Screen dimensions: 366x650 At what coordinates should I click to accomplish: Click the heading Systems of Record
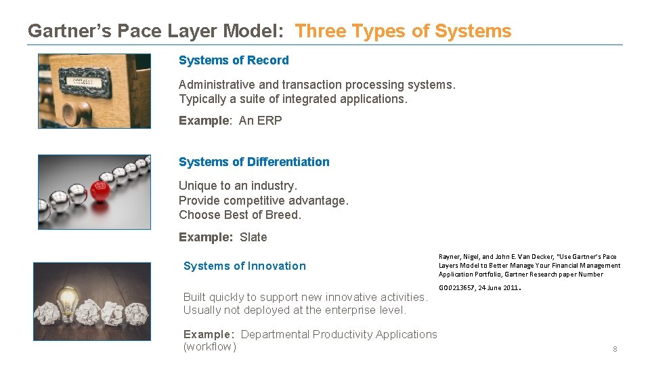pyautogui.click(x=234, y=60)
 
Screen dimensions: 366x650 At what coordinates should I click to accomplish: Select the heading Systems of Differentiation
pyautogui.click(x=254, y=162)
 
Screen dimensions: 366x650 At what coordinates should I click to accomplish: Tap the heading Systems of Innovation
pyautogui.click(x=244, y=266)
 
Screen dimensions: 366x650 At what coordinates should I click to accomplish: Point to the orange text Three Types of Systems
pyautogui.click(x=404, y=31)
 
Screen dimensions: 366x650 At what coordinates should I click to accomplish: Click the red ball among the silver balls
pyautogui.click(x=100, y=190)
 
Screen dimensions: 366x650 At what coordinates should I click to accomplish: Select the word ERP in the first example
pyautogui.click(x=269, y=121)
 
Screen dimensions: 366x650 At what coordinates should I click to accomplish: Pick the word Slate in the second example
pyautogui.click(x=253, y=237)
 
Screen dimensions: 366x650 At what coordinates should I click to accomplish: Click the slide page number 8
pyautogui.click(x=615, y=349)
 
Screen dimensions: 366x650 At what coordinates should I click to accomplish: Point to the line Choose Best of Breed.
pyautogui.click(x=240, y=215)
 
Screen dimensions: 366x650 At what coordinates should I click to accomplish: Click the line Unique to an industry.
pyautogui.click(x=238, y=186)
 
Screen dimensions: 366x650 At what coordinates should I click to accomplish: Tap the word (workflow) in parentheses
pyautogui.click(x=210, y=347)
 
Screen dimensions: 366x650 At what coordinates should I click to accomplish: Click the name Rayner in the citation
pyautogui.click(x=450, y=257)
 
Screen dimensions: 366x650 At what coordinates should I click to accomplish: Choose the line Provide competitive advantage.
pyautogui.click(x=263, y=201)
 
